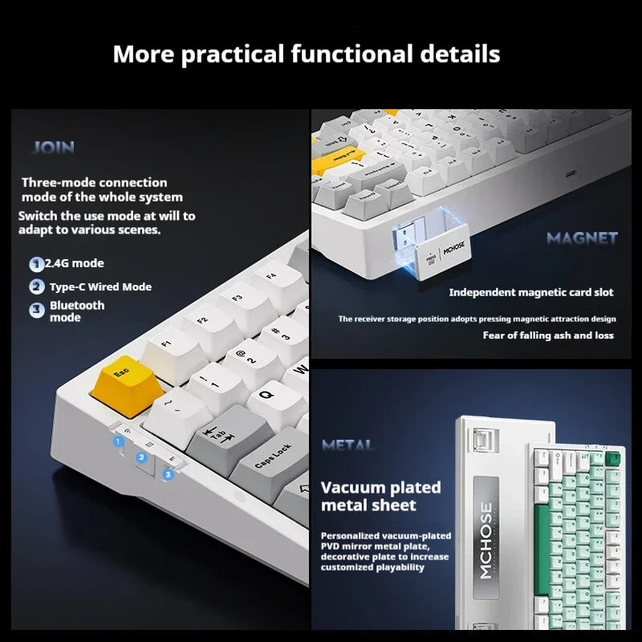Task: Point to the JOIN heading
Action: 53,147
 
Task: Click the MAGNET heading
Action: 582,238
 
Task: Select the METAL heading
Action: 347,445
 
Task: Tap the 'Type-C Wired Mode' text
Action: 100,286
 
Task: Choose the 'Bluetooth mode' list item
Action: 77,311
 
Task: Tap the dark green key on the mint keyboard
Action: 616,458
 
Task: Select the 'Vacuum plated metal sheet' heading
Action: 380,496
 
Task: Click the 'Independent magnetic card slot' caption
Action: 530,293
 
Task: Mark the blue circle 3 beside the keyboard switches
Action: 167,474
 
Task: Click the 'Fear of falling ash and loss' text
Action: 547,335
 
